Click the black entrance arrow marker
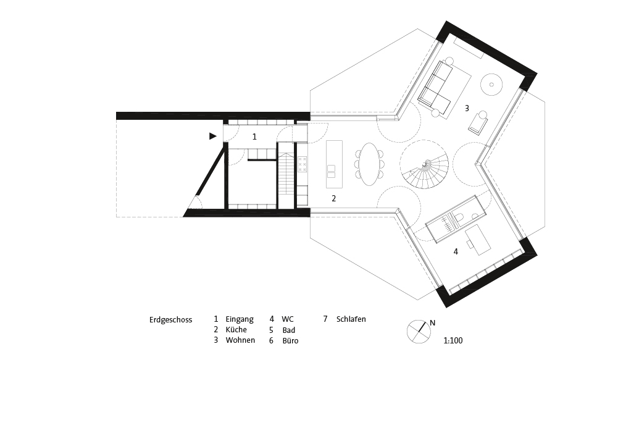coord(212,136)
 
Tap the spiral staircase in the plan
coord(424,165)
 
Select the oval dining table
coord(369,164)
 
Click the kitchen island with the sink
coord(334,164)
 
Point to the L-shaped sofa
coord(435,85)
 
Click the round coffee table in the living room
coord(491,84)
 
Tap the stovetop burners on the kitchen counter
coord(303,164)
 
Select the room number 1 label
coord(254,137)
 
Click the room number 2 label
coord(334,198)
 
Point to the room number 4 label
coord(456,251)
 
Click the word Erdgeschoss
coord(170,320)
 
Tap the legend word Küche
coord(236,330)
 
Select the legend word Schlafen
coord(351,319)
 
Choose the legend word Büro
coord(290,341)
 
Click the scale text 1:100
coord(453,340)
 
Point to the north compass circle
coord(419,332)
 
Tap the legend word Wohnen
coord(240,340)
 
